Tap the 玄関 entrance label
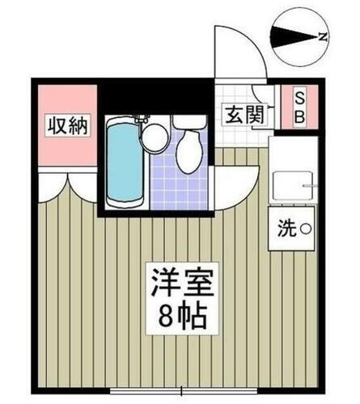pyautogui.click(x=244, y=115)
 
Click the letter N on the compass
pyautogui.click(x=322, y=36)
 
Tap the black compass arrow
pyautogui.click(x=292, y=36)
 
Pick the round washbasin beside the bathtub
pyautogui.click(x=154, y=138)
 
